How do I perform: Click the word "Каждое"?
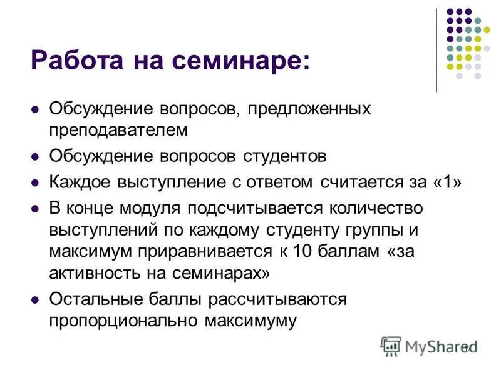78,182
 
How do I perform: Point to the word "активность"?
90,273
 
